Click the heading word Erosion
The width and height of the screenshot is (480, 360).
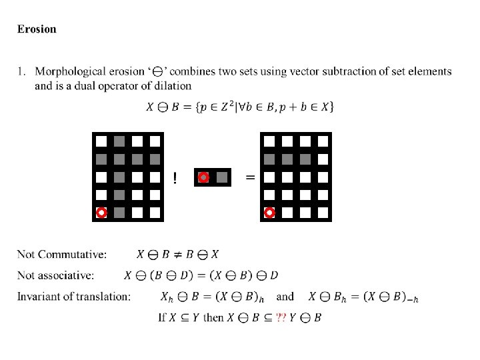point(37,29)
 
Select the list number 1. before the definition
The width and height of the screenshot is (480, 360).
point(21,71)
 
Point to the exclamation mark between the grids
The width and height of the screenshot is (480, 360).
point(175,178)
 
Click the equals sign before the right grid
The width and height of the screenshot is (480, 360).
point(250,177)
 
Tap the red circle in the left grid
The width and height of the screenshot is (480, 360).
point(101,213)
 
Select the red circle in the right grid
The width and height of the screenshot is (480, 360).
point(270,213)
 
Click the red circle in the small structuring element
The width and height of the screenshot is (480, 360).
point(204,177)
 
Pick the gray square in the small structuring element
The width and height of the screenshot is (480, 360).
point(222,177)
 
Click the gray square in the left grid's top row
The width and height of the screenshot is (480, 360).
point(119,141)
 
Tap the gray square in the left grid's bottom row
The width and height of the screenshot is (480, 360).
point(119,213)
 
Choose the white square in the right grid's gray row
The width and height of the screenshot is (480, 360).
point(323,159)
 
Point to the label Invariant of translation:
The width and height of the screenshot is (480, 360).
point(73,296)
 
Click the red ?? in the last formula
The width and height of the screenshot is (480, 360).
point(281,317)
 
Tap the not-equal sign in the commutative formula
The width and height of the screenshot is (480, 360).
point(183,254)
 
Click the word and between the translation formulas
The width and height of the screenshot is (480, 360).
point(285,296)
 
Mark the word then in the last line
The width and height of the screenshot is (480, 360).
point(213,317)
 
